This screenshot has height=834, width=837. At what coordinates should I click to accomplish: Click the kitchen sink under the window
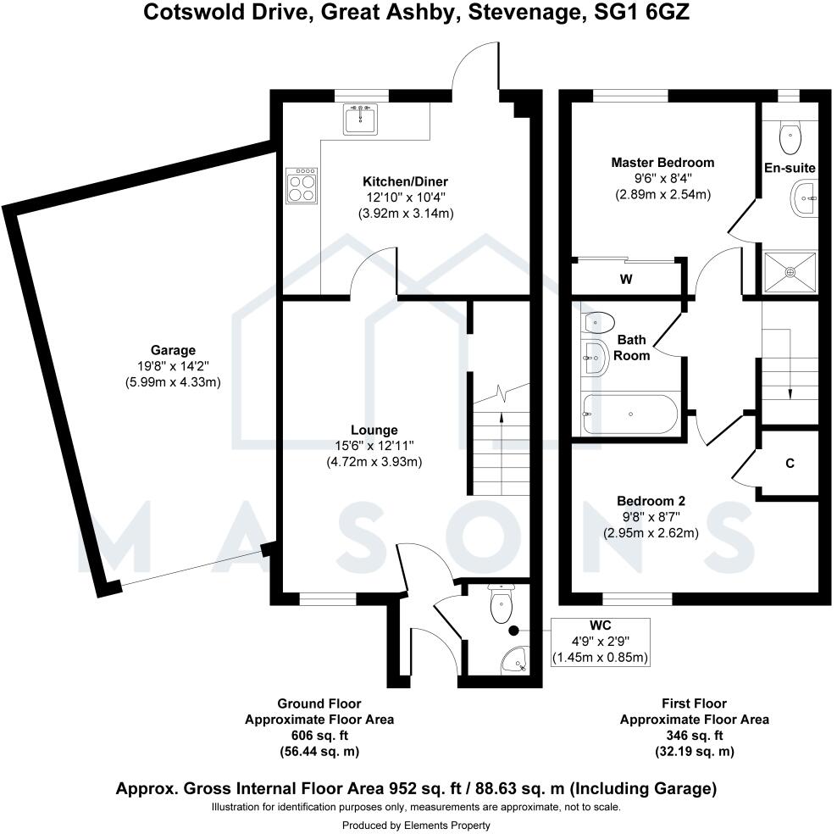pyautogui.click(x=361, y=120)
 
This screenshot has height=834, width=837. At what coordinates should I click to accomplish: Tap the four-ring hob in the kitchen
pyautogui.click(x=303, y=186)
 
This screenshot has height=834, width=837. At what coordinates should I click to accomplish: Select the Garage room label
pyautogui.click(x=173, y=350)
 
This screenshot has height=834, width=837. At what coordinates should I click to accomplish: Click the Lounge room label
pyautogui.click(x=374, y=430)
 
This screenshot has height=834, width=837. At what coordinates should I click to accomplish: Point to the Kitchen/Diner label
pyautogui.click(x=405, y=181)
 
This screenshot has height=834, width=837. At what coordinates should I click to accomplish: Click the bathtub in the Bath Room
pyautogui.click(x=629, y=414)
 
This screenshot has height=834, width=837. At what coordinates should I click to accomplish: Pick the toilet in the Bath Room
pyautogui.click(x=599, y=322)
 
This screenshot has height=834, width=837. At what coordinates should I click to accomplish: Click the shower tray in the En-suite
pyautogui.click(x=790, y=271)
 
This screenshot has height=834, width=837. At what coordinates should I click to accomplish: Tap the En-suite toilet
pyautogui.click(x=790, y=131)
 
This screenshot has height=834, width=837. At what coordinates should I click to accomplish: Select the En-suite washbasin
pyautogui.click(x=802, y=200)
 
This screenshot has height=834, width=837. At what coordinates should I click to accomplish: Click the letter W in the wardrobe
pyautogui.click(x=627, y=279)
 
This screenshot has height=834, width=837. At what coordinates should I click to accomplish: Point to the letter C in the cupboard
pyautogui.click(x=790, y=463)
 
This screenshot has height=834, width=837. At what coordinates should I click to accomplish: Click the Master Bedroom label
pyautogui.click(x=662, y=163)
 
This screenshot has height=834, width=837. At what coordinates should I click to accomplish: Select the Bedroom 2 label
pyautogui.click(x=651, y=500)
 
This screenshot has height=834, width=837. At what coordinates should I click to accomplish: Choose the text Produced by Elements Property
pyautogui.click(x=416, y=825)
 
